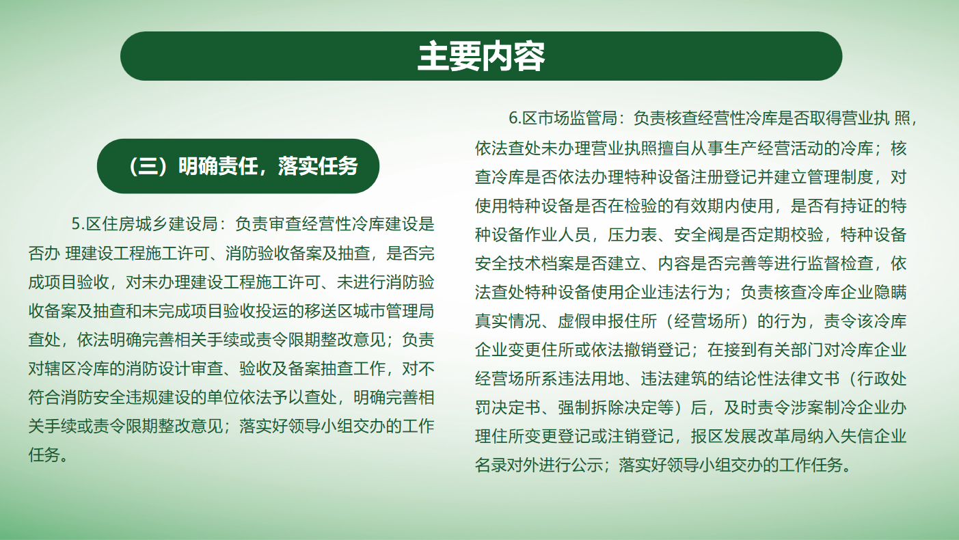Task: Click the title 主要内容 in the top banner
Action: click(481, 56)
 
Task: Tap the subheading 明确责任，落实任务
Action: click(267, 166)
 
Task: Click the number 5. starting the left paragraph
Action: click(78, 224)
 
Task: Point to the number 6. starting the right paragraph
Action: click(515, 118)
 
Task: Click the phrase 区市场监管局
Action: click(569, 118)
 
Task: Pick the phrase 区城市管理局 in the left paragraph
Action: click(386, 311)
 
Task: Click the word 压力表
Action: click(632, 234)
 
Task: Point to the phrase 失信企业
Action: click(874, 436)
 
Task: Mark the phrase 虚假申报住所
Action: click(607, 321)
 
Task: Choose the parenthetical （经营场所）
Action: click(707, 321)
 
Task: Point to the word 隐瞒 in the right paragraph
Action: click(890, 292)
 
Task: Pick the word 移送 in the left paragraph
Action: click(321, 311)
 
